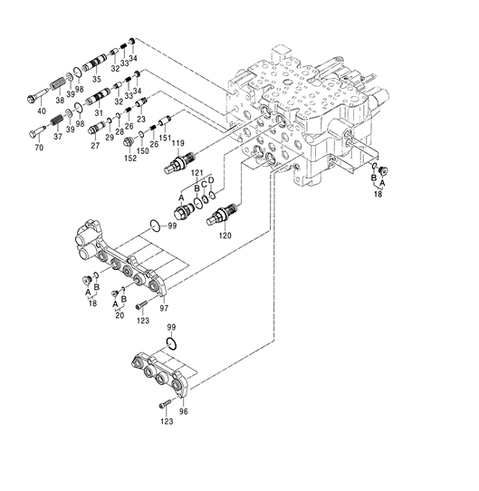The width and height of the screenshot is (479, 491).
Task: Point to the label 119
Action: coord(179,144)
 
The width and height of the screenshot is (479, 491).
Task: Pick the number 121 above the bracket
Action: coord(197,172)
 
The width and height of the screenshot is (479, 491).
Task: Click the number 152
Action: coord(131,159)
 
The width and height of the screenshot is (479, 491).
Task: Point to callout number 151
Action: coord(165,139)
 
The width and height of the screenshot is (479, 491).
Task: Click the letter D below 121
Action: coord(211,181)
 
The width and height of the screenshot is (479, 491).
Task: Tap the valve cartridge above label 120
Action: coord(223,214)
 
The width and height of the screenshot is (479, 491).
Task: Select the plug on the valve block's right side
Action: coord(381,171)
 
